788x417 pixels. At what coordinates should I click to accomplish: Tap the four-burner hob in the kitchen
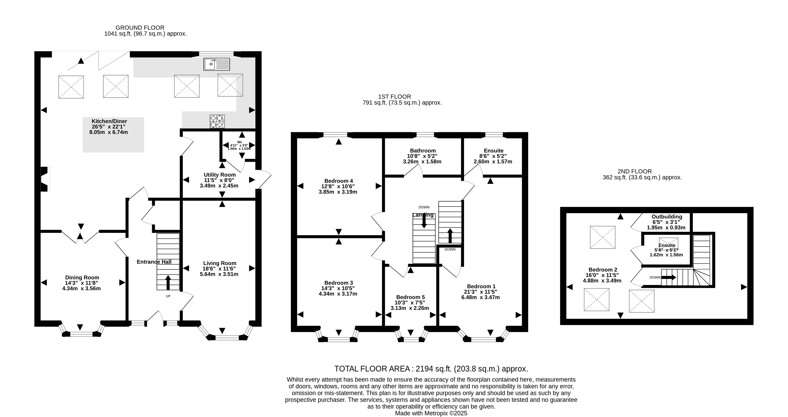pos(217,121)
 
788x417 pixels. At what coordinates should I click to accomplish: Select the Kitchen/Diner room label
pos(109,121)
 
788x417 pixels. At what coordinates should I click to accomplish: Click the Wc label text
pos(240,142)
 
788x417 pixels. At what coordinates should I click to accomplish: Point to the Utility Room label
pos(220,175)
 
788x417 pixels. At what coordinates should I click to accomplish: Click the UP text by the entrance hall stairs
pos(168,296)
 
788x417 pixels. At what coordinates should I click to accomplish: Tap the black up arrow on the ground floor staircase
pos(168,282)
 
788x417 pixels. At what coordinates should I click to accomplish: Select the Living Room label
pos(220,263)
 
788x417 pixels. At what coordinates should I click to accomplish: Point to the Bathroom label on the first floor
pos(423,151)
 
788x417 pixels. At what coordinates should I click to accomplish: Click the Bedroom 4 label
pos(339,181)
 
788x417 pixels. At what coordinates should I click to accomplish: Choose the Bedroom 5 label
pos(410,297)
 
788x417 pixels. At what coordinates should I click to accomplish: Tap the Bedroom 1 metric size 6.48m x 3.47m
pos(481,297)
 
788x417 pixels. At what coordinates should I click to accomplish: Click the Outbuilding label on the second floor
pos(667,217)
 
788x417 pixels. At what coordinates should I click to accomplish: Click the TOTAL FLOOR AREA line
pos(431,369)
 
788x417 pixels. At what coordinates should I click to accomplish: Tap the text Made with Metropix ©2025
pos(431,413)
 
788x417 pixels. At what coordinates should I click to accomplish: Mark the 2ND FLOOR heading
pos(635,171)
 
